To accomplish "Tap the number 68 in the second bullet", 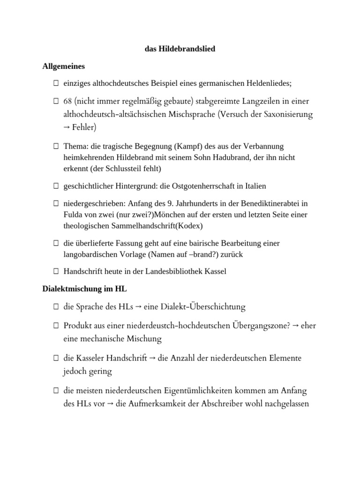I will click(68, 102).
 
